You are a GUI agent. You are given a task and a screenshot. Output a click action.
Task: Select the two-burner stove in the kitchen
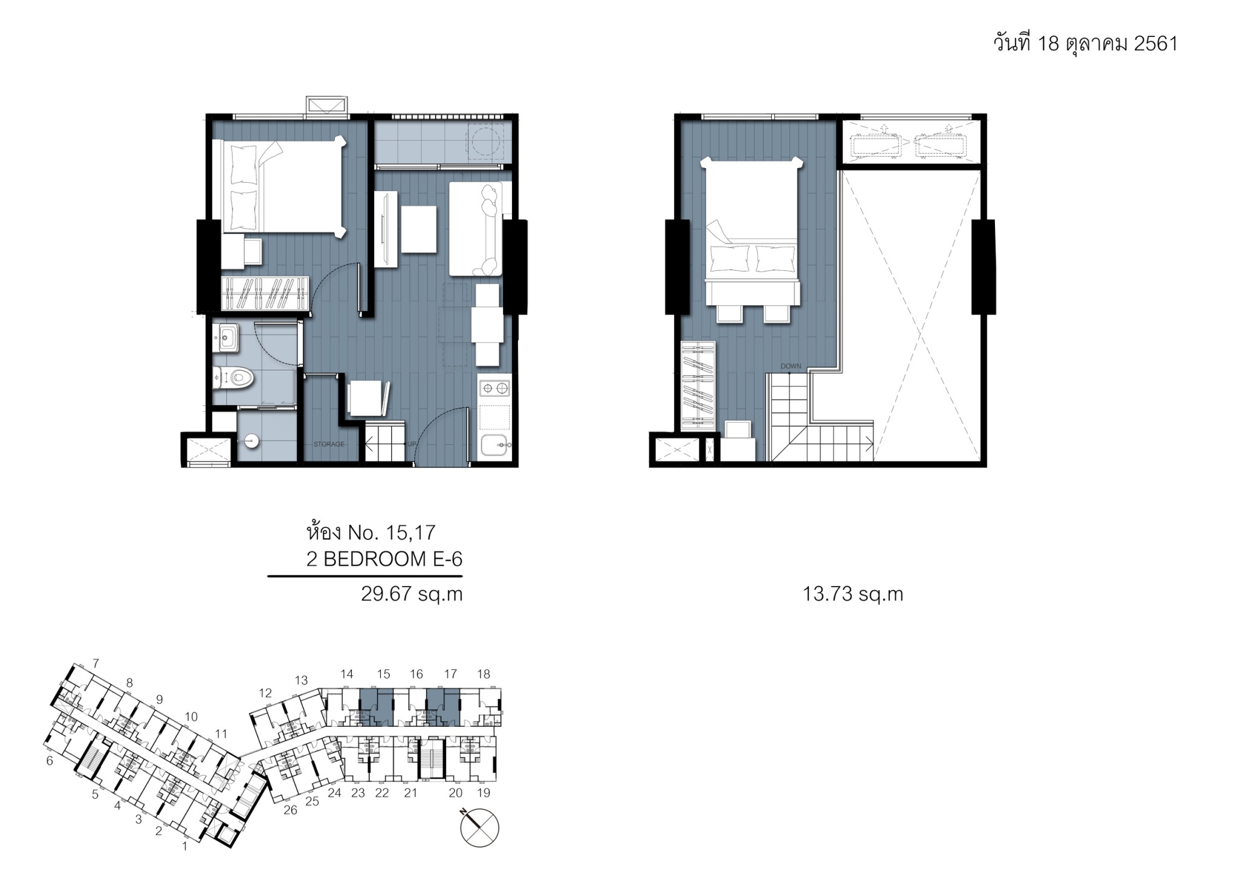[x=494, y=386]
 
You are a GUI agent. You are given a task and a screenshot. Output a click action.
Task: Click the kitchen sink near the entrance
[x=494, y=445]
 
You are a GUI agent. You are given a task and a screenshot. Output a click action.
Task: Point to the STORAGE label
[x=329, y=444]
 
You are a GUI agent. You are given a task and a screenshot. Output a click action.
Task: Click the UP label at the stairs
[x=412, y=444]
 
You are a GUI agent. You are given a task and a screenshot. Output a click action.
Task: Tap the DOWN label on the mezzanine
[x=791, y=366]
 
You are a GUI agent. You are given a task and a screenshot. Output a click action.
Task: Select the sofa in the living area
[x=476, y=229]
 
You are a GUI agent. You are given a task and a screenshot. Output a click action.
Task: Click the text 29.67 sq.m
[x=412, y=594]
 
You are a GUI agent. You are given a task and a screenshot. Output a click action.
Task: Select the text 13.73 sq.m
[x=853, y=594]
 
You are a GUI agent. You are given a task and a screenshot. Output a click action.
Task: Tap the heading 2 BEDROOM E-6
[x=384, y=559]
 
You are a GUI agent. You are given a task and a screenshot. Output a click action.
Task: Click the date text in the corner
[x=1086, y=44]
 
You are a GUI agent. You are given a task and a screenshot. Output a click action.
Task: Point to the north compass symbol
[x=479, y=827]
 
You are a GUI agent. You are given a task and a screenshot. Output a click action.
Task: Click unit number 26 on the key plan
[x=290, y=810]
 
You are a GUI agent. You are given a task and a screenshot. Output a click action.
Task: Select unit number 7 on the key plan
[x=96, y=663]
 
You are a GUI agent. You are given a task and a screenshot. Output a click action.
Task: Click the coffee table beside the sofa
[x=419, y=230]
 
